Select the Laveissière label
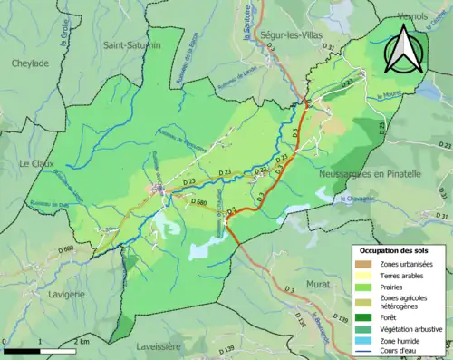coord(162,345)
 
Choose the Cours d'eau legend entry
coord(403,352)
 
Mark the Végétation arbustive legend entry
coord(411,328)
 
